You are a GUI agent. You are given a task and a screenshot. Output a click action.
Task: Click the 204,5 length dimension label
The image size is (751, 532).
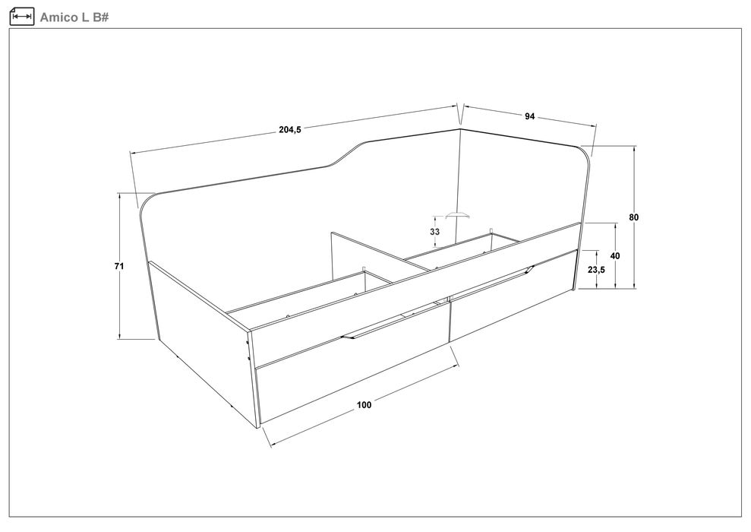290,129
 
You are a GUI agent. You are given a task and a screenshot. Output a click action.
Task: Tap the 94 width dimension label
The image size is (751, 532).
529,116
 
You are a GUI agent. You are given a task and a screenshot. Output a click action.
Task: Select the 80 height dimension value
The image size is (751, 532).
633,217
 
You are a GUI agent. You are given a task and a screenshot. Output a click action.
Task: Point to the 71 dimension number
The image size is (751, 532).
119,265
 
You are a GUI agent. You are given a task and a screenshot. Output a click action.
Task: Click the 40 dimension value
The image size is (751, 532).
616,256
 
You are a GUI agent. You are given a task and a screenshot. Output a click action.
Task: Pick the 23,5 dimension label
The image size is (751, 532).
596,270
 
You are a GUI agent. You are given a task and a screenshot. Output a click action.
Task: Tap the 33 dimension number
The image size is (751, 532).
435,232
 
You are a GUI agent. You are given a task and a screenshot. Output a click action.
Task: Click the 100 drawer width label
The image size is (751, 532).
364,405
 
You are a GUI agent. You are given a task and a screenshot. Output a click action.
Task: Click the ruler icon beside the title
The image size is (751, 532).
22,17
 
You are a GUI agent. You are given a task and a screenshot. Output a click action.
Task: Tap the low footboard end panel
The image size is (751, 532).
204,343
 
